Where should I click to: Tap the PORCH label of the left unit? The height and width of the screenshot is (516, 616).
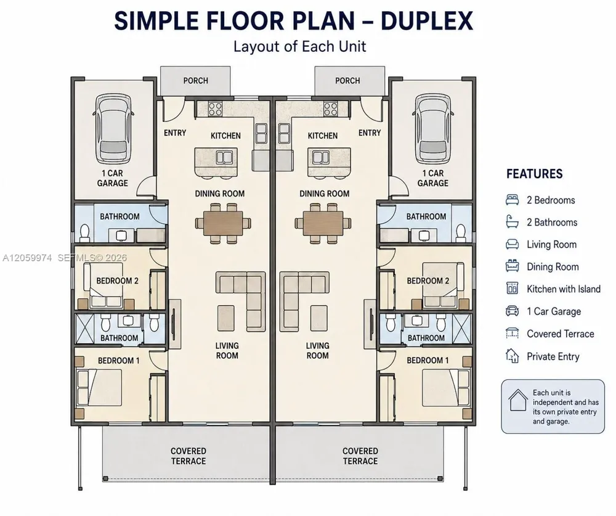(x=196, y=81)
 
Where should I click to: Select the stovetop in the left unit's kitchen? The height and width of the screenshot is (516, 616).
(x=215, y=109)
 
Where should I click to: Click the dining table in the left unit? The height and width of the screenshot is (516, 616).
(x=223, y=224)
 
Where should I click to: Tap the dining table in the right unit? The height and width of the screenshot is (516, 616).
(x=323, y=224)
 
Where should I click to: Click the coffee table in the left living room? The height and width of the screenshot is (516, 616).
(x=227, y=318)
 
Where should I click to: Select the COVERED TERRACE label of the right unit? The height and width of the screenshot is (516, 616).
(x=360, y=456)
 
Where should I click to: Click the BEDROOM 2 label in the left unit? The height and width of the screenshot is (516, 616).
(x=117, y=281)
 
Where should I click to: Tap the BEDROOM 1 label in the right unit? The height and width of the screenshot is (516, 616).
(x=428, y=360)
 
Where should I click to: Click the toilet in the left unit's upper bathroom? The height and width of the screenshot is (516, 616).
(x=85, y=232)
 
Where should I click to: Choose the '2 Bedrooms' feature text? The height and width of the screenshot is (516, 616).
(x=551, y=200)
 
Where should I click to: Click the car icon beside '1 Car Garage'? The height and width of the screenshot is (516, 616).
(x=513, y=311)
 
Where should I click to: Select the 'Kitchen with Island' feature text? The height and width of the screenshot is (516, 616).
(x=564, y=289)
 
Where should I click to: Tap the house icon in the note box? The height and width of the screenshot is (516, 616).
(x=518, y=400)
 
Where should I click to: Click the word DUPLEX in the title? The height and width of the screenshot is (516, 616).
(x=427, y=21)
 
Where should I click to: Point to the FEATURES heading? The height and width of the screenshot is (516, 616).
(x=534, y=174)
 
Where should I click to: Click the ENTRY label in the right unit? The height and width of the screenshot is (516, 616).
(x=370, y=133)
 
